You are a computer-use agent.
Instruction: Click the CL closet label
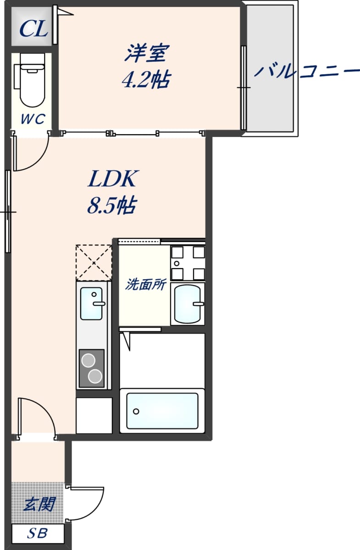point(33,29)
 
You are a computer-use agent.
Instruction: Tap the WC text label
point(33,119)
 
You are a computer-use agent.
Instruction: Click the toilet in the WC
point(30,80)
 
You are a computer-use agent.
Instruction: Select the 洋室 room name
point(147,53)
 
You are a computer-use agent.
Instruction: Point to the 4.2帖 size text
point(146,80)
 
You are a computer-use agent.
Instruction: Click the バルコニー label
point(307,71)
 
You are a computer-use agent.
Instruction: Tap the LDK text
point(112,178)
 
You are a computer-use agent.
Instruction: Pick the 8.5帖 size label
point(111,205)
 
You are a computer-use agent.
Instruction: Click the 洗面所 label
point(146,284)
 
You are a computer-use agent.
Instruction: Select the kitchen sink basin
point(91,303)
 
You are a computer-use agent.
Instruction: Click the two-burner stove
point(92,368)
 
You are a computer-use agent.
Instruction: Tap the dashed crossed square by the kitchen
point(94,263)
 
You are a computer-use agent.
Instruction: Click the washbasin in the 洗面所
point(188,304)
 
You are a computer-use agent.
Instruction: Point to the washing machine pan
point(188,263)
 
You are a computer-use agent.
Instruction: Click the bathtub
point(162,411)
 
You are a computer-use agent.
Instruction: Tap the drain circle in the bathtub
point(136,412)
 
